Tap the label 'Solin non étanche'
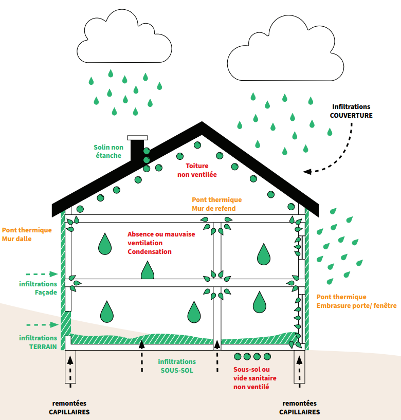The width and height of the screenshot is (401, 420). [x=107, y=151]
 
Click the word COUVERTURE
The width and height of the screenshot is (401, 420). [x=351, y=116]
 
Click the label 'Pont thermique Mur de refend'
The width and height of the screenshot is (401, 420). [x=216, y=204]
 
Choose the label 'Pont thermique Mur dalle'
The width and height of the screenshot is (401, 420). [x=27, y=234]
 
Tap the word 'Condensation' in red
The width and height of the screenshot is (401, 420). [x=150, y=252]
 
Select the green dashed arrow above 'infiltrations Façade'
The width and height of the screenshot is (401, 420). [x=41, y=274]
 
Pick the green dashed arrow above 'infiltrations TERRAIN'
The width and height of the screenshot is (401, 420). [x=41, y=324]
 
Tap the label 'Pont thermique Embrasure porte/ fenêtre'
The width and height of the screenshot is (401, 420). [x=356, y=301]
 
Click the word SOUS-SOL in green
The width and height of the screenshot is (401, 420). [x=177, y=370]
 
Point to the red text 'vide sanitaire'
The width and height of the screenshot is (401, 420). [x=255, y=378]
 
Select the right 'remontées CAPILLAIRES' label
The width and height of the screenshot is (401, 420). [x=300, y=408]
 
